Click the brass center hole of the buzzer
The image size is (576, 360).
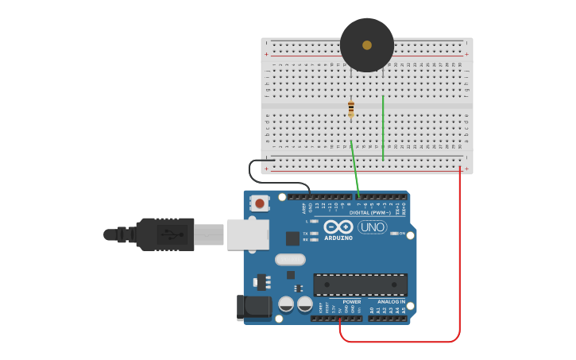pos(367,45)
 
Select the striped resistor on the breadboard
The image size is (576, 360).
pos(351,109)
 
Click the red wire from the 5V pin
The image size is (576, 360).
pos(459,262)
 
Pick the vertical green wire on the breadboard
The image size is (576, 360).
pos(383,127)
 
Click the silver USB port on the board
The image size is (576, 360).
pos(247,234)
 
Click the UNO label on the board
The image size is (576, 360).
pos(372,227)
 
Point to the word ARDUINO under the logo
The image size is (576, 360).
pos(338,238)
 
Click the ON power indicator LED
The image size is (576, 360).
pos(394,234)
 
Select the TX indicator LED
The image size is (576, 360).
pos(315,234)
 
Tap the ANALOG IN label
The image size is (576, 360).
pos(390,302)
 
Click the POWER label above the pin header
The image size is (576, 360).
pos(351,302)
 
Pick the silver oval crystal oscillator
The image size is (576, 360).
pos(290,259)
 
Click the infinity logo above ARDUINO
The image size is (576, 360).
pos(338,226)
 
